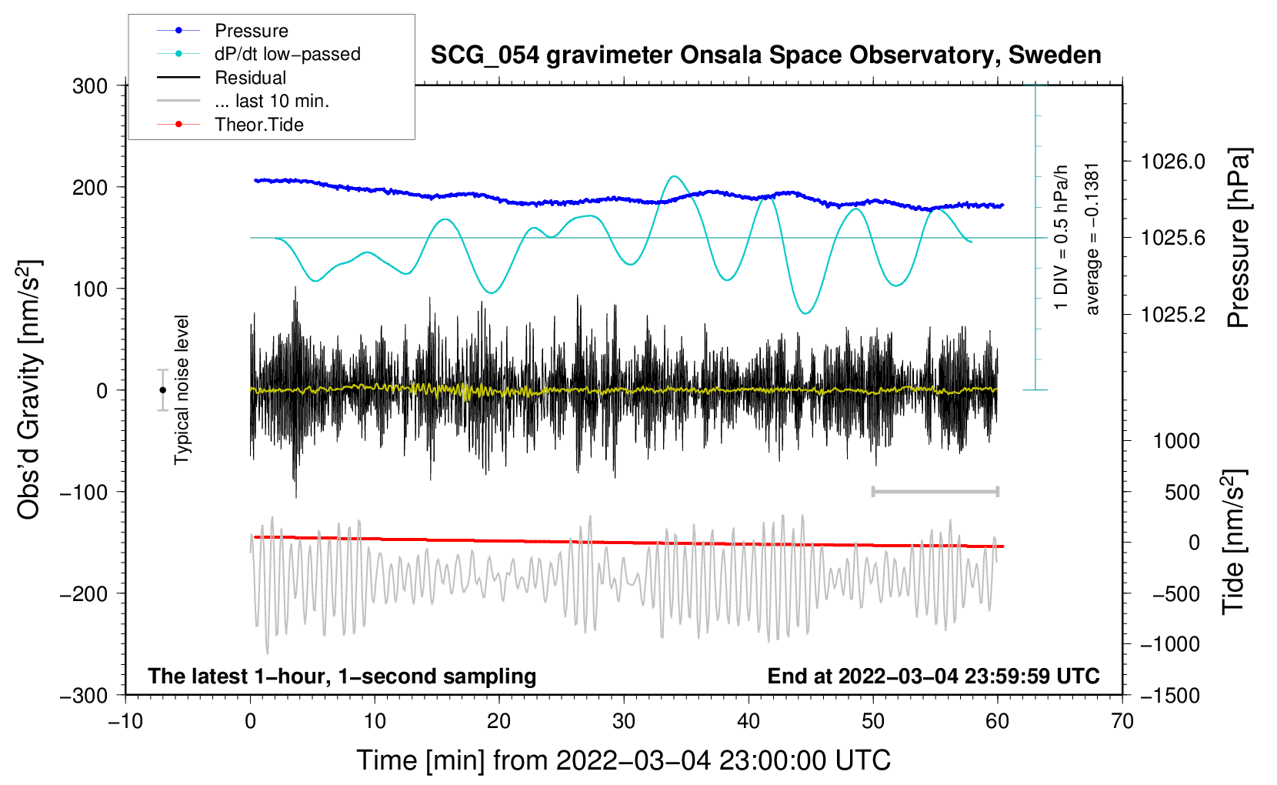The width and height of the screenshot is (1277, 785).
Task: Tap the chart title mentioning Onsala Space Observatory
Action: [x=765, y=55]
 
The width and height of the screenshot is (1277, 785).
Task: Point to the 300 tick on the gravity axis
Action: [x=90, y=86]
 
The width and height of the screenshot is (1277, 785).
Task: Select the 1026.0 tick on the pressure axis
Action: [x=1173, y=162]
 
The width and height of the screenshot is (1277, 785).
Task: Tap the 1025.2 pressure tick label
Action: [x=1173, y=314]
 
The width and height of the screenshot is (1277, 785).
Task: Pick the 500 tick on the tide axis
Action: [x=1182, y=492]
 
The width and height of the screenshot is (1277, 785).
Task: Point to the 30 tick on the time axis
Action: [x=624, y=721]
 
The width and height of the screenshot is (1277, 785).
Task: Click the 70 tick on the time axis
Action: [x=1122, y=721]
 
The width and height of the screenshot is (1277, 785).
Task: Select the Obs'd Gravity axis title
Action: [x=29, y=390]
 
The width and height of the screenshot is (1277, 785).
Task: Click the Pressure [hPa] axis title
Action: [x=1238, y=239]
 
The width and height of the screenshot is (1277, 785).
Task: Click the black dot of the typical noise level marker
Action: [x=162, y=390]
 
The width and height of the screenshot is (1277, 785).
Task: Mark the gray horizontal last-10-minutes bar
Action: [x=935, y=491]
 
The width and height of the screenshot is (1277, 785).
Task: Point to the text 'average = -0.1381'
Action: [x=1092, y=239]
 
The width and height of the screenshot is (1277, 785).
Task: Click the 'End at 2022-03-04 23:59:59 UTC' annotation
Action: [x=933, y=676]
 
